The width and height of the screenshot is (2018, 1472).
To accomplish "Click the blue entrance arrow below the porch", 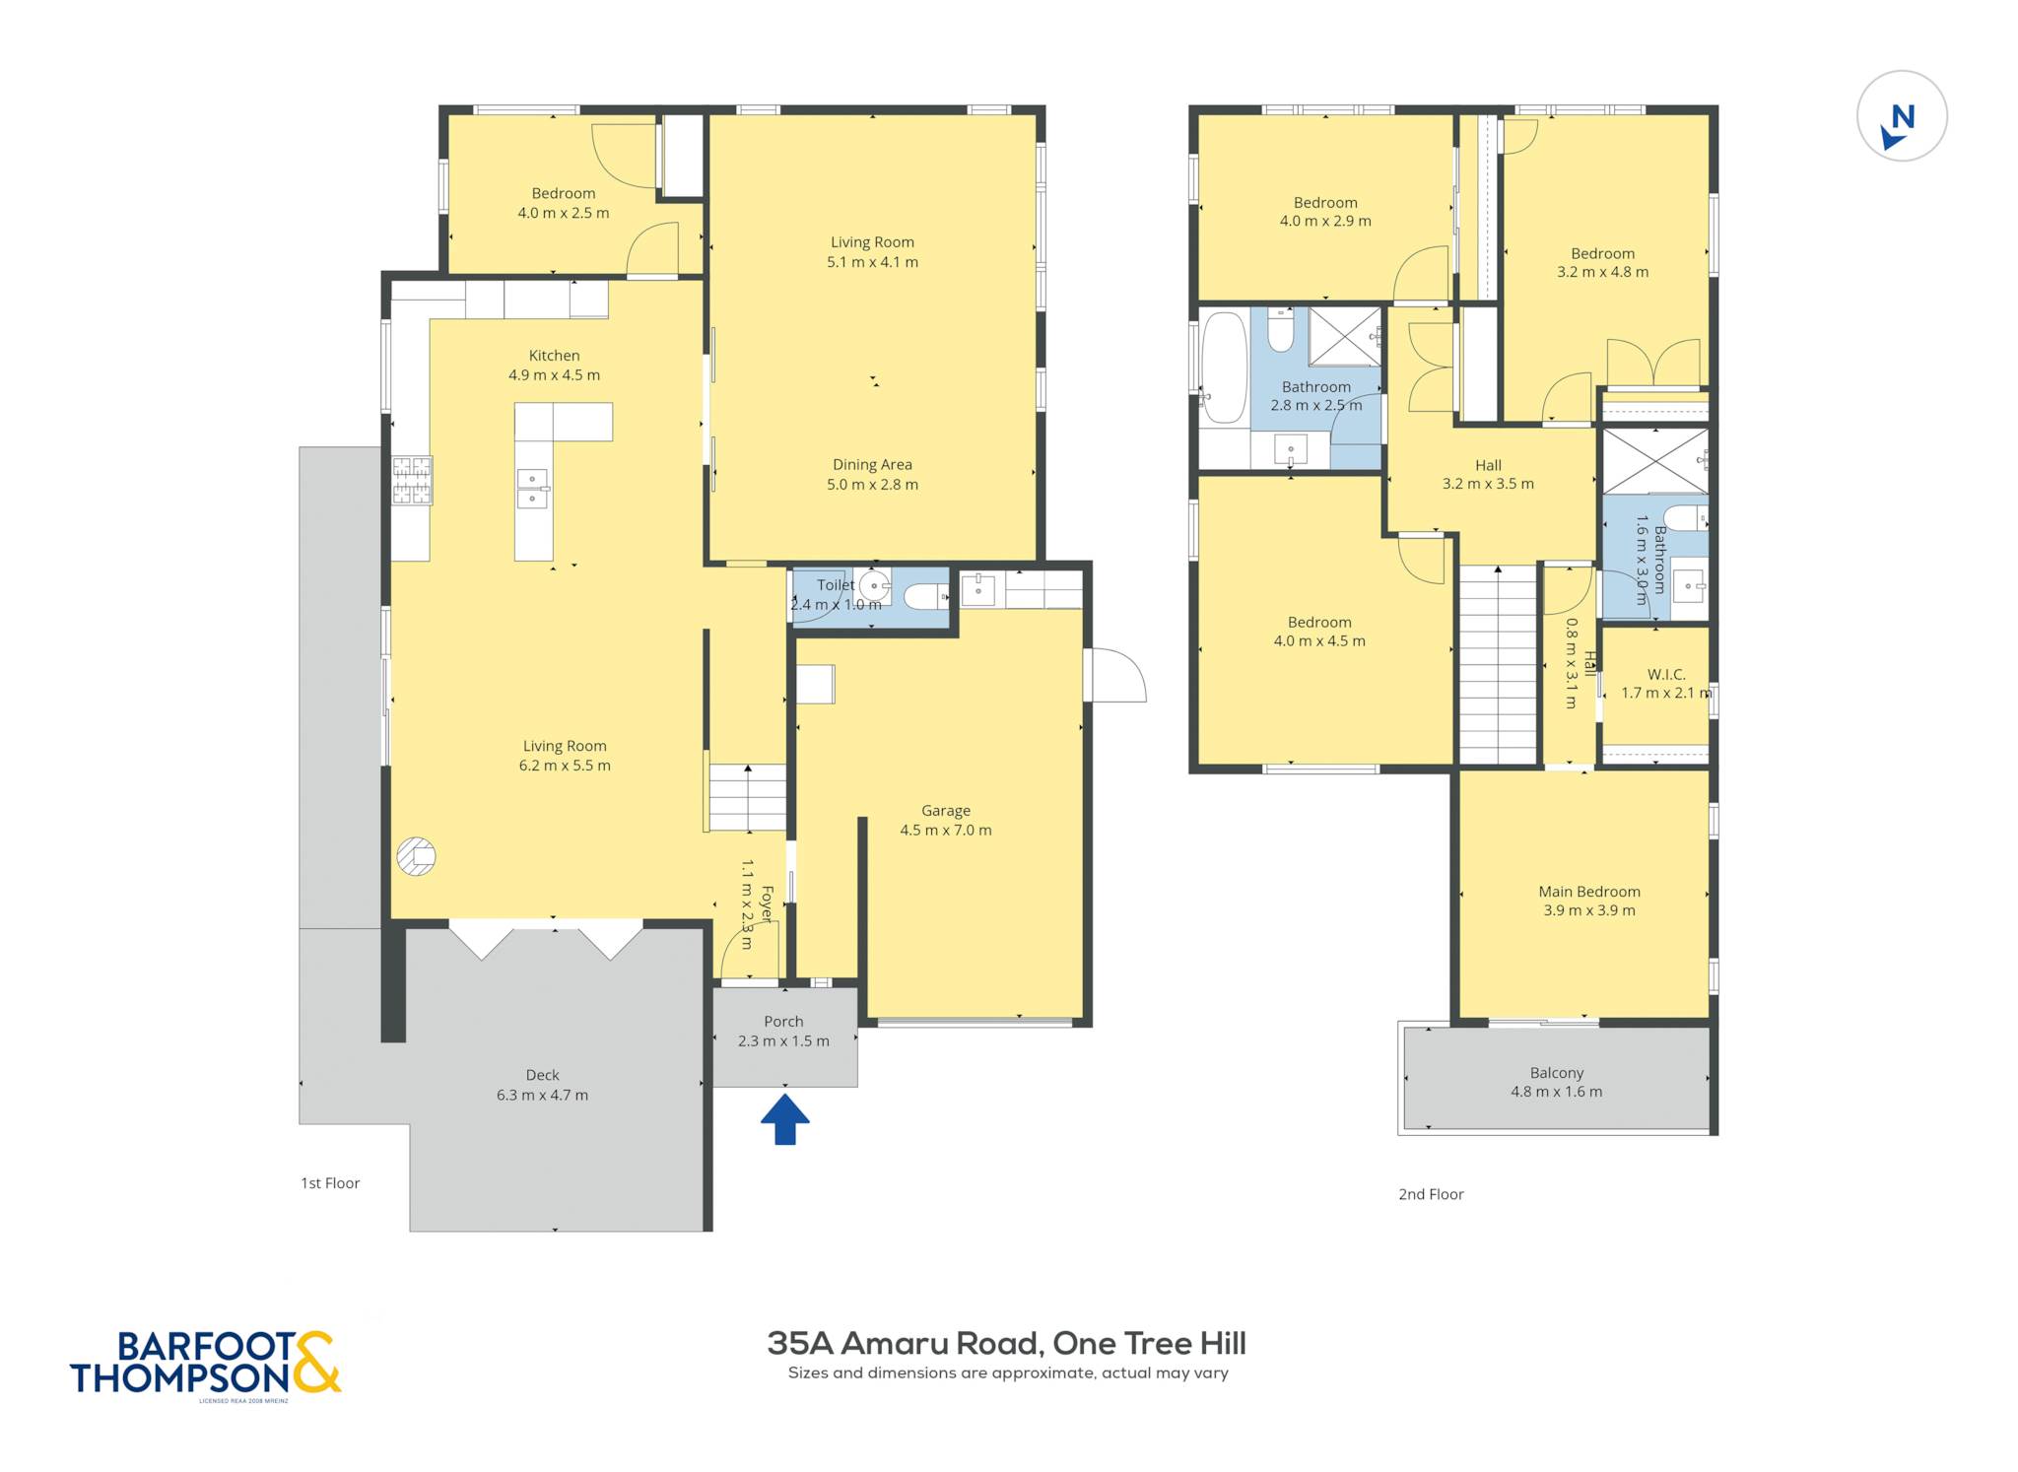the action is click(784, 1121).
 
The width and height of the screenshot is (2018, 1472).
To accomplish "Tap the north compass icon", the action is click(1901, 116).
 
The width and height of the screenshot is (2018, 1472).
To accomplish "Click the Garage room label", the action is click(945, 811).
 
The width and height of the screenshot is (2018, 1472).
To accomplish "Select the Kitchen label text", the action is click(554, 356).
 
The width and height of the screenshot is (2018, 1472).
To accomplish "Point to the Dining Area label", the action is click(872, 465).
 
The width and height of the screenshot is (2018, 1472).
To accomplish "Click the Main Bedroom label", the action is click(1589, 892).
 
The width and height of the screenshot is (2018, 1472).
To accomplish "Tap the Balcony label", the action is click(1557, 1073).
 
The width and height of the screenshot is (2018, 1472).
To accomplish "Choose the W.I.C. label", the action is click(1666, 675).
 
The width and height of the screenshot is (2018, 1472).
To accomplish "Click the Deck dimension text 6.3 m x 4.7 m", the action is click(542, 1095).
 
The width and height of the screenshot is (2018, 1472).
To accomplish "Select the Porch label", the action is click(783, 1022).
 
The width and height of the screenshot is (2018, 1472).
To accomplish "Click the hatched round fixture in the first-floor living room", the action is click(416, 856).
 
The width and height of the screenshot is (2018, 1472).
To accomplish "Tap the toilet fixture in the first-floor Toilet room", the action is click(925, 596).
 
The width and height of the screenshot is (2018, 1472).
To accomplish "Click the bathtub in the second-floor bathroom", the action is click(1224, 368).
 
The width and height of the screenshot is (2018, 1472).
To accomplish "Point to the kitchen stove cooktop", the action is click(412, 481).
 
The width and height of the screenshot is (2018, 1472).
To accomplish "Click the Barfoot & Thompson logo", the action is click(205, 1365).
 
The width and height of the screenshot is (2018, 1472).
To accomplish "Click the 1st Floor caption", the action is click(330, 1183).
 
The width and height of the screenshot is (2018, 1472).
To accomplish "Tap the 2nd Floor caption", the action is click(1431, 1194).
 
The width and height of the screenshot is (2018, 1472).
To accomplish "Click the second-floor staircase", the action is click(1498, 665).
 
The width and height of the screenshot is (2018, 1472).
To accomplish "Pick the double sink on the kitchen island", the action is click(532, 490).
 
